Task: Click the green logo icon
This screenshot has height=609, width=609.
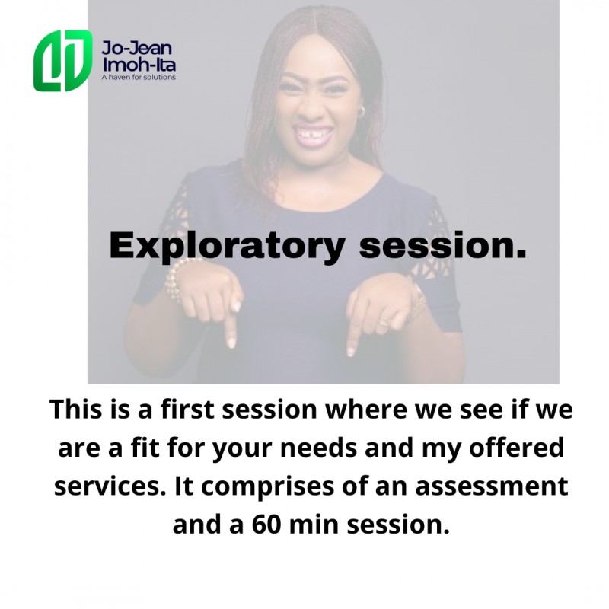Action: (63, 61)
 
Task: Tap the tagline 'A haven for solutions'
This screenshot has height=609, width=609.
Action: (139, 78)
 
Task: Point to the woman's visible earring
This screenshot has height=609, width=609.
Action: (361, 110)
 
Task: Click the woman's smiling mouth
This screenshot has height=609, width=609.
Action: (312, 135)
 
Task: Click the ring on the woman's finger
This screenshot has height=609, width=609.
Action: (384, 322)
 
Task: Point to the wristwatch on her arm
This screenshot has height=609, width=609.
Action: (416, 299)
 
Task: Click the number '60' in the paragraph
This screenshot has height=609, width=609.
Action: (266, 525)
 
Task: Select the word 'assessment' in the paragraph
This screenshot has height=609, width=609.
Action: (491, 486)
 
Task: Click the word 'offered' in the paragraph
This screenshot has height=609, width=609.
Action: (517, 448)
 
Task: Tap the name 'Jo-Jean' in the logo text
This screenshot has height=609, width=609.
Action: (136, 48)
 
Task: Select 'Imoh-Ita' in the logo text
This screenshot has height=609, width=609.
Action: (139, 65)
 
